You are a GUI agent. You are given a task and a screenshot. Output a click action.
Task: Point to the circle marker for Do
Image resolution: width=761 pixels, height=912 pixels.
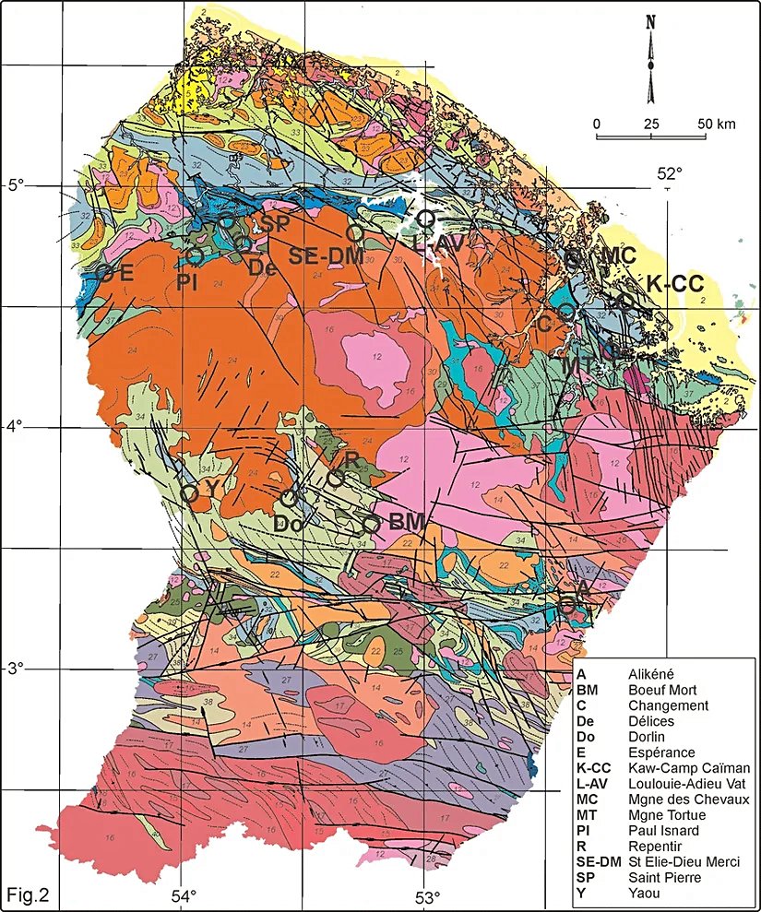(x=289, y=498)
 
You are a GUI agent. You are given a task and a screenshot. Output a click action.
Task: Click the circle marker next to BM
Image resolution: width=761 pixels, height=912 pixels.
(x=371, y=523)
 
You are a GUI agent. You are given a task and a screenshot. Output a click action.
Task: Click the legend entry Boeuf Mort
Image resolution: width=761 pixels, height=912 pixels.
(x=662, y=690)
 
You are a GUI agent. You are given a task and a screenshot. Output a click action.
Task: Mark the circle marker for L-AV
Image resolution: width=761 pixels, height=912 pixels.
(x=425, y=218)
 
